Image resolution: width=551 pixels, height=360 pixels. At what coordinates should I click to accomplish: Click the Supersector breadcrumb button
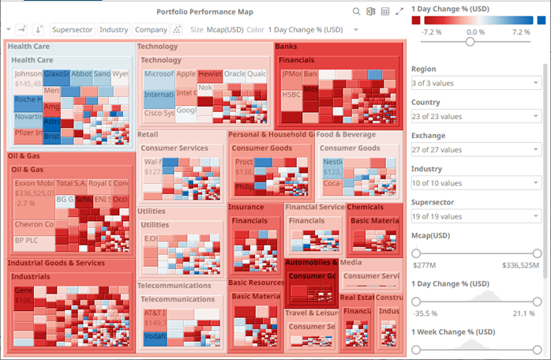click(72, 29)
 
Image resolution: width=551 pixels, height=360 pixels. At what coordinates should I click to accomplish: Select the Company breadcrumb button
click(151, 29)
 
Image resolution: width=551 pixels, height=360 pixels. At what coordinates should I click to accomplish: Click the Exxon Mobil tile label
click(34, 183)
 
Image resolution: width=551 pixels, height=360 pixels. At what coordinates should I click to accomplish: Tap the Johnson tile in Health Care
click(28, 74)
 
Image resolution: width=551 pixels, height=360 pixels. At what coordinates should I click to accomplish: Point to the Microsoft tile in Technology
click(158, 74)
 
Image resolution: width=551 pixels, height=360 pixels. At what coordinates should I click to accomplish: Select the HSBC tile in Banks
click(290, 94)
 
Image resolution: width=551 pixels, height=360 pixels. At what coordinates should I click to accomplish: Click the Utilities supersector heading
click(152, 212)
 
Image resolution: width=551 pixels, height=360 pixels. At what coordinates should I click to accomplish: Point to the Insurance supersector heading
click(246, 207)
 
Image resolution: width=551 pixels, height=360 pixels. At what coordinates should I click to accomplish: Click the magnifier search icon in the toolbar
click(356, 11)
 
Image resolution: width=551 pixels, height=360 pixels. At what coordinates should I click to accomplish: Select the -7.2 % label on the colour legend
click(431, 32)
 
